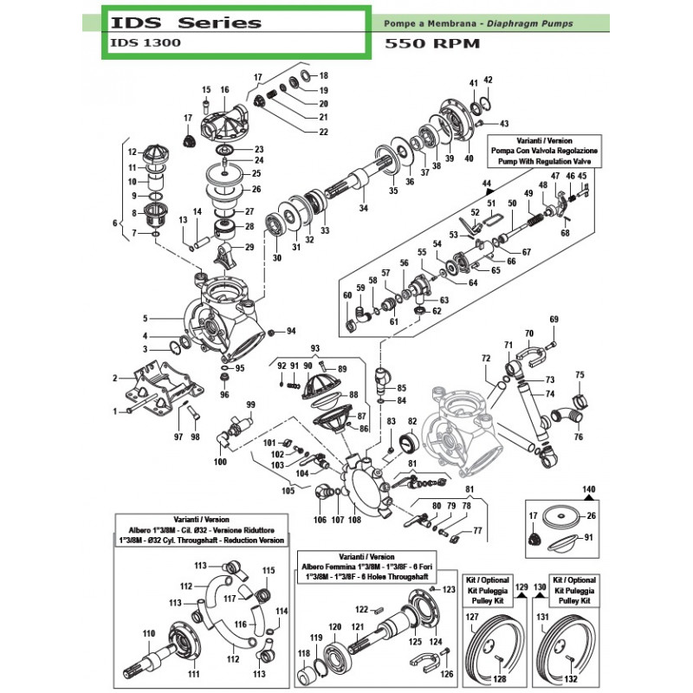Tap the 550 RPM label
pos(419,42)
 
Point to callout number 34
pos(363,209)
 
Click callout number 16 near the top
pos(224,90)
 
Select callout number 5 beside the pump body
pos(146,318)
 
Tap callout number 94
pos(291,332)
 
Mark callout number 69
pos(554,320)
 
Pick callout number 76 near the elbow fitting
pos(579,437)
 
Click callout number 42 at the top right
pos(488,81)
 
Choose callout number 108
pos(354,521)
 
